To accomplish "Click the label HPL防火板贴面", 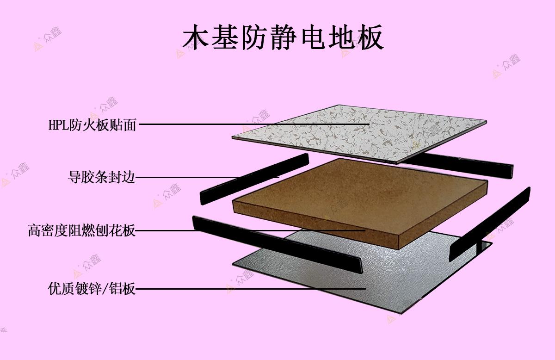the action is coord(92,124).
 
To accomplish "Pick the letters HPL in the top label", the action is coord(58,125).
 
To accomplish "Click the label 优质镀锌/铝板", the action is coord(92,289).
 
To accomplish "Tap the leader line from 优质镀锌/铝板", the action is coord(250,289).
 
